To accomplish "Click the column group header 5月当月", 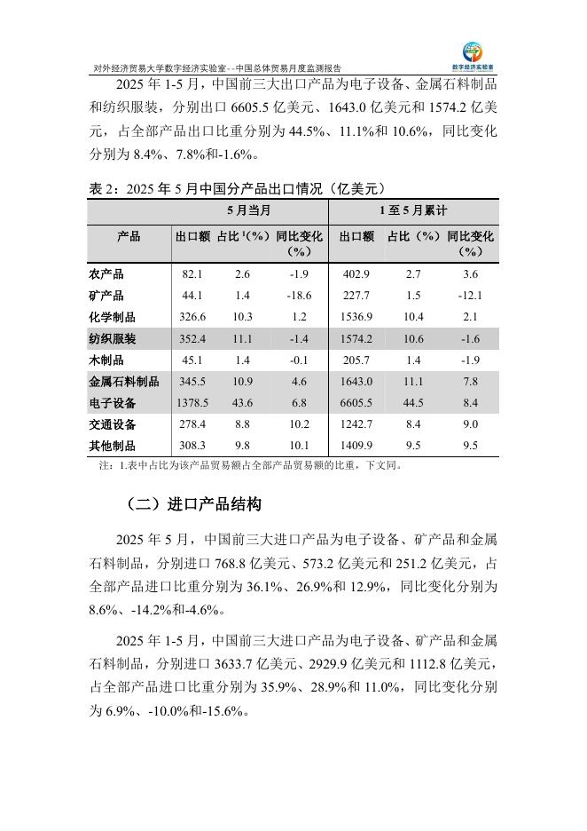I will pyautogui.click(x=249, y=211).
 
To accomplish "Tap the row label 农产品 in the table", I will pyautogui.click(x=107, y=275).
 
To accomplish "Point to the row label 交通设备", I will pyautogui.click(x=113, y=424).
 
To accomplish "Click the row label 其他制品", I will pyautogui.click(x=113, y=446).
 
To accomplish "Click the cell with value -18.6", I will pyautogui.click(x=297, y=297).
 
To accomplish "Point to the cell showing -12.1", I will pyautogui.click(x=470, y=297).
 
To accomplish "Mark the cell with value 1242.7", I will pyautogui.click(x=356, y=424).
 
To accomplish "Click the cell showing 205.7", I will pyautogui.click(x=356, y=360).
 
